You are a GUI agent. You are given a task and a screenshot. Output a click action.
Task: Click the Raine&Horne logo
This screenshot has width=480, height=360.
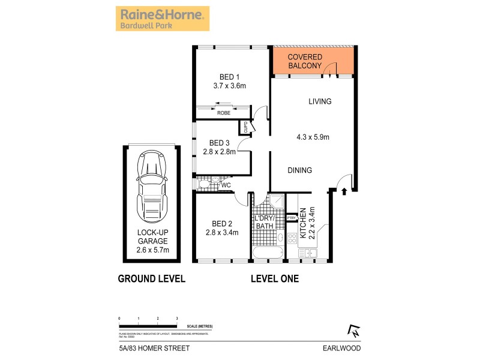[x=162, y=18]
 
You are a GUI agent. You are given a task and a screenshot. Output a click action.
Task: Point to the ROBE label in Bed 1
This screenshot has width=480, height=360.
[x=224, y=113]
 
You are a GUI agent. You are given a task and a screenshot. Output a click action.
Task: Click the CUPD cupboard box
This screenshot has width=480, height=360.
[x=245, y=128]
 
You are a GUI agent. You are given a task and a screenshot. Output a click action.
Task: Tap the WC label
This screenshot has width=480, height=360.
[x=226, y=185]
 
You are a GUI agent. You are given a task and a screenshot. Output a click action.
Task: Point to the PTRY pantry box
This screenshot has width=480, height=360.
[x=292, y=217]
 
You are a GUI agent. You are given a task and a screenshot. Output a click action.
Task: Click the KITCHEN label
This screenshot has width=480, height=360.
[x=304, y=224]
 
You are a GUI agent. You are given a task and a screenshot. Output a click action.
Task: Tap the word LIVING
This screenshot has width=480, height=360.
[x=320, y=101]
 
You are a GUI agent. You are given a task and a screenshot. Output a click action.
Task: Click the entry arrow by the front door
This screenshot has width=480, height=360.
[x=344, y=192]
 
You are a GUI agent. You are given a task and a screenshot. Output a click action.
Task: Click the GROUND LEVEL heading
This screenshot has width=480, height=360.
[x=151, y=278]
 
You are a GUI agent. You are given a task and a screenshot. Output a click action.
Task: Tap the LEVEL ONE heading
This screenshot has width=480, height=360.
[x=274, y=278]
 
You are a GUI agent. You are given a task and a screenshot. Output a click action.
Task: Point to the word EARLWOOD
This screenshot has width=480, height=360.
[x=345, y=347]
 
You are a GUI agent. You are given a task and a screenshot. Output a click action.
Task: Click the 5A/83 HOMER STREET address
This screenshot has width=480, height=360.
[x=147, y=347]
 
